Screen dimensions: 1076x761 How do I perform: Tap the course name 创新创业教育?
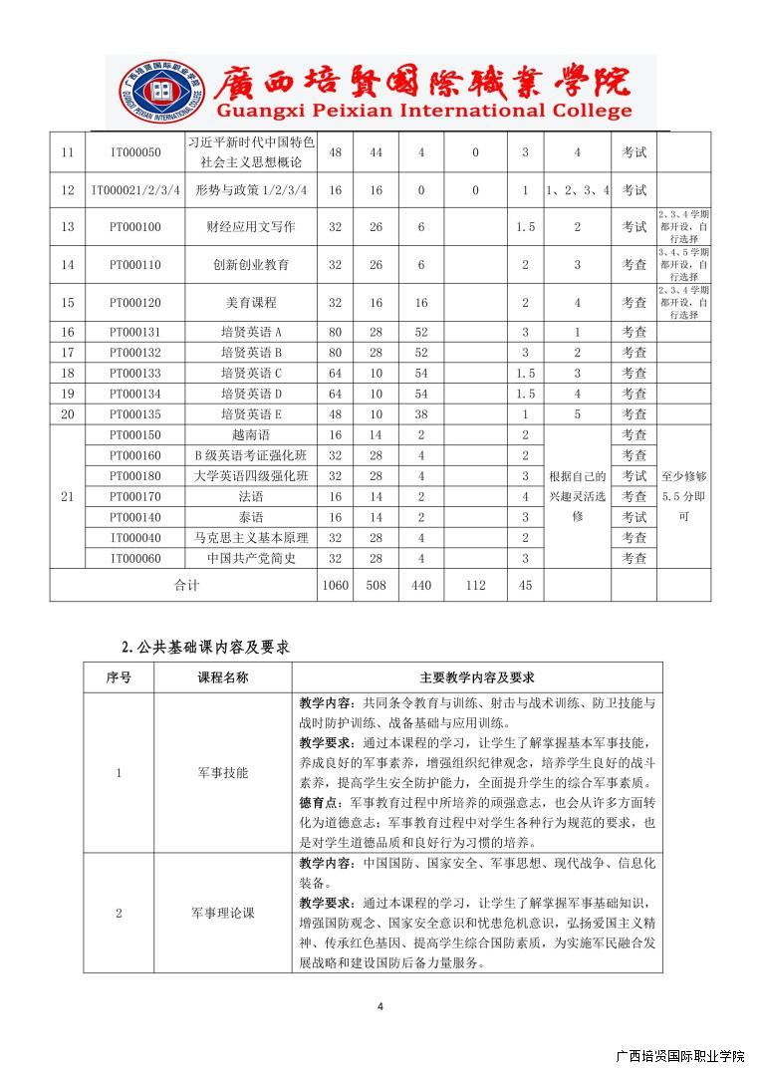251,265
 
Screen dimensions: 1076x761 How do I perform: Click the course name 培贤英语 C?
251,373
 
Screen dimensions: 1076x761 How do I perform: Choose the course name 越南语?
251,434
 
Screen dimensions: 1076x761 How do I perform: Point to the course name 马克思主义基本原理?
251,537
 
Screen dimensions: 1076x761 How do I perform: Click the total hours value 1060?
335,585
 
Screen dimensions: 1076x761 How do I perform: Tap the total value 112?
475,585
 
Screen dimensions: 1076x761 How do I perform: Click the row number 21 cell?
68,496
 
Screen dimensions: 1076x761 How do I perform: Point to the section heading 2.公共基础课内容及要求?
205,646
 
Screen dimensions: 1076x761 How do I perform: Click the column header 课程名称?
223,677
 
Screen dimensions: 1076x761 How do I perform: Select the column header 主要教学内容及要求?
477,677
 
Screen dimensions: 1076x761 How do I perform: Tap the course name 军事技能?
223,772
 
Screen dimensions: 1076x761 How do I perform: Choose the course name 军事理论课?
223,913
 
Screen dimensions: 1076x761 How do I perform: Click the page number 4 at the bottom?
380,1006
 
